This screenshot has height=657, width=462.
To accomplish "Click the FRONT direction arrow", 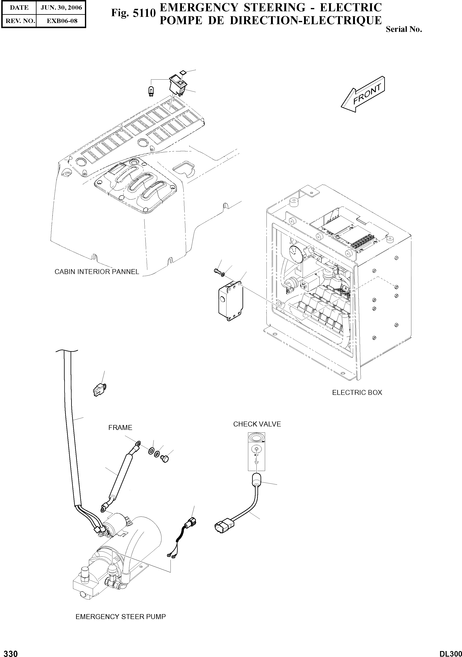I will point(363,94).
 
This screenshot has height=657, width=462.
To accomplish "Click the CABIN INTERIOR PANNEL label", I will point(97,272).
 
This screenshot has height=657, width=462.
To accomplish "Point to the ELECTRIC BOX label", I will point(357,392).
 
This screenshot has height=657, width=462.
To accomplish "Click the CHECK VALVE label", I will point(257,424).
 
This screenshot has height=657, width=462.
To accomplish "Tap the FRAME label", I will point(120,427).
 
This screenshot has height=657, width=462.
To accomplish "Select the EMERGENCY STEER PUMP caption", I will point(120,617).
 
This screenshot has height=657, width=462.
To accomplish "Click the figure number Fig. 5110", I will point(133,13).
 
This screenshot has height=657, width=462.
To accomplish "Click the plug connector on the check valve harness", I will point(224,526).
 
